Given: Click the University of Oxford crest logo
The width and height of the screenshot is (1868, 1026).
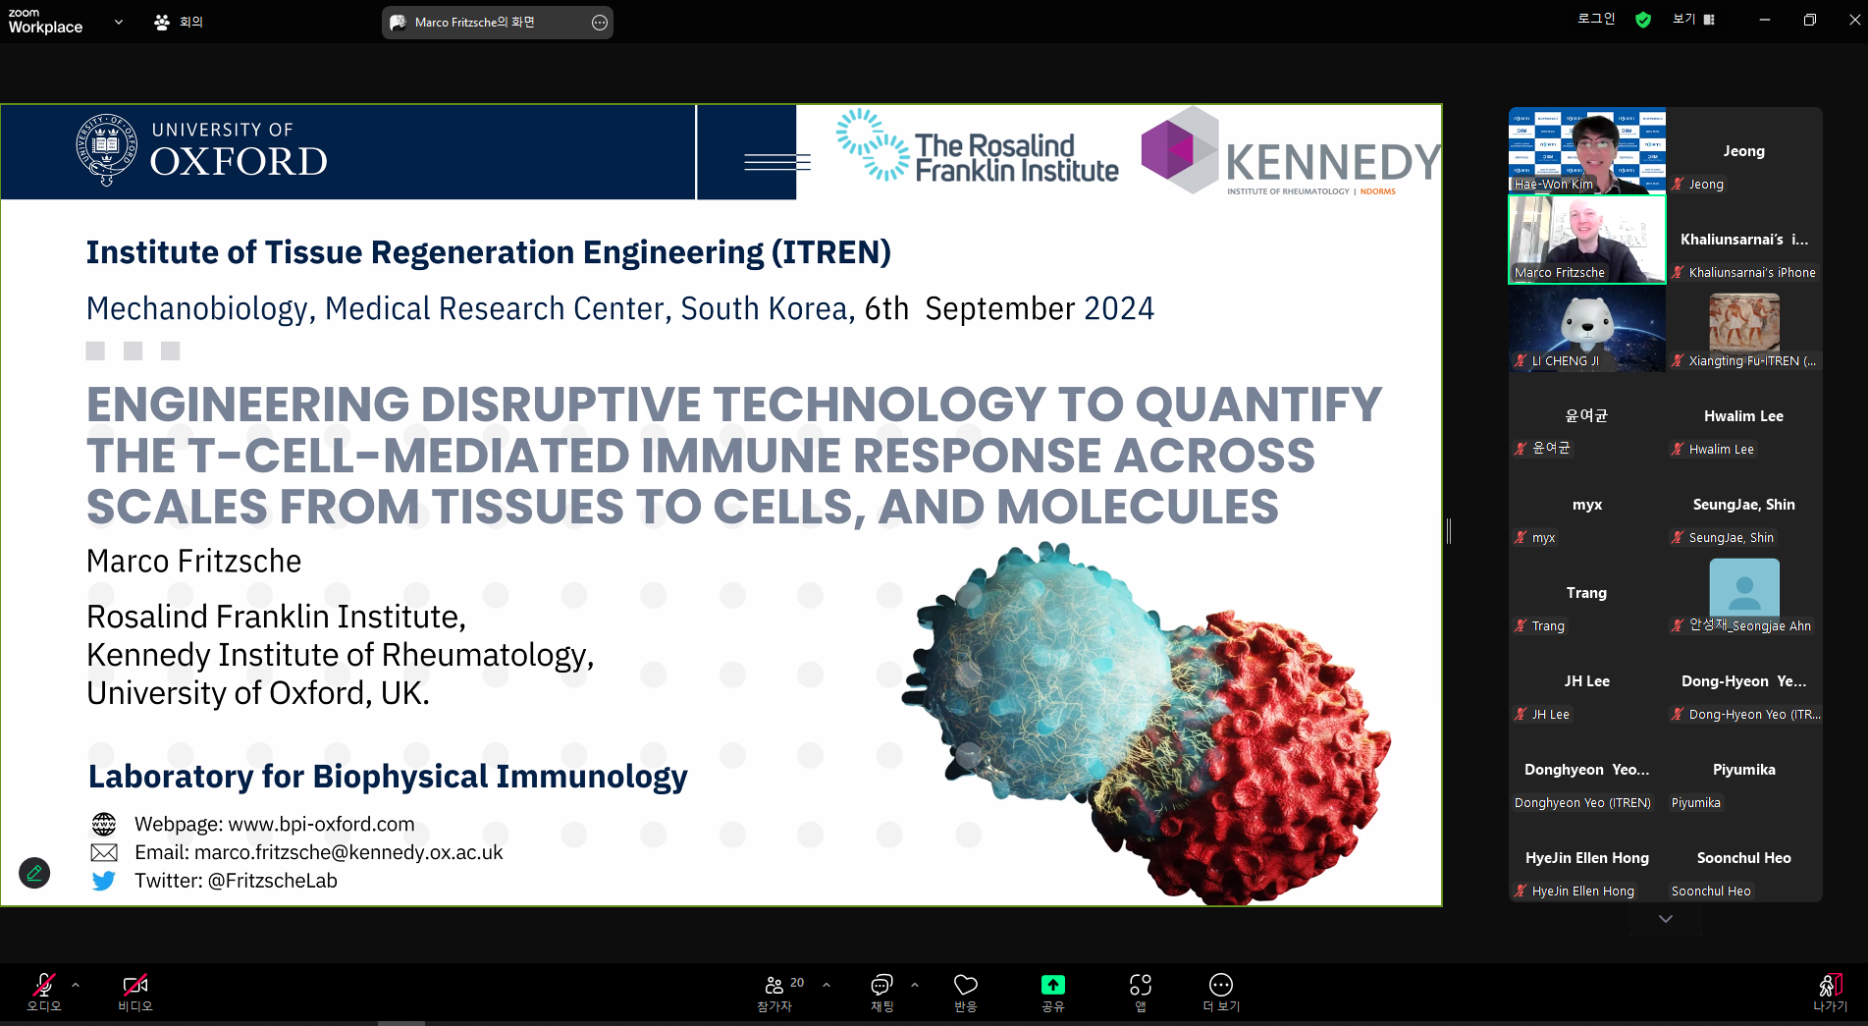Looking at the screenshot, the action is click(x=106, y=149).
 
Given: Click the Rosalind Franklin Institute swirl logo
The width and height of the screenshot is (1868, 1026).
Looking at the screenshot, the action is click(x=872, y=145).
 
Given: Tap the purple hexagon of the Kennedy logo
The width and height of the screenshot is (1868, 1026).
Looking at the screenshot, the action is click(x=1167, y=149).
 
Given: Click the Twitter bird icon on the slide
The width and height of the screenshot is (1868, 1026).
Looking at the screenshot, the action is click(x=103, y=881).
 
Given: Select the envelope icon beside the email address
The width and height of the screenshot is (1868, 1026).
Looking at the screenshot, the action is click(x=103, y=852).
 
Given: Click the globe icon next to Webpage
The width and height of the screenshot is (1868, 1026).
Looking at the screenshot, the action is click(x=103, y=824).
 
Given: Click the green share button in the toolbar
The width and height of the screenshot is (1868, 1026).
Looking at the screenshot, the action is click(x=1052, y=985).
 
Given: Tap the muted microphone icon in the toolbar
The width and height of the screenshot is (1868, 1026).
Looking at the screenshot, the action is click(x=44, y=985).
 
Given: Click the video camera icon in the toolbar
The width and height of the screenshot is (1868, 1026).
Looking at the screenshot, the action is click(x=134, y=985).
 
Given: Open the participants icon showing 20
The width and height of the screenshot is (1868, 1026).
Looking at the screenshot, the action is click(x=774, y=985).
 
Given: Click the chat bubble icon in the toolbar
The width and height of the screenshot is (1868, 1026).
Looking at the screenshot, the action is click(x=881, y=985).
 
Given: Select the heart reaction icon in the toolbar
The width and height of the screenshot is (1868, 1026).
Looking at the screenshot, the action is click(x=966, y=985).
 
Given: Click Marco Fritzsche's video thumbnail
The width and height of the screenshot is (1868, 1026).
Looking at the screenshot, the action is click(x=1587, y=240).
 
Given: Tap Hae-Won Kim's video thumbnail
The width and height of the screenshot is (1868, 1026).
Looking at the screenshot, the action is click(x=1587, y=151).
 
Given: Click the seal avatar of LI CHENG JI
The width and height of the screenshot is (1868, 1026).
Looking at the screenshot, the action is click(x=1587, y=324).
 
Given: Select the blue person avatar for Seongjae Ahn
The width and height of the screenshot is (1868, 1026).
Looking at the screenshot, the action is click(x=1744, y=588).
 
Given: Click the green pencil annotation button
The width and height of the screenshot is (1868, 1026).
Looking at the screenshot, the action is click(x=34, y=873).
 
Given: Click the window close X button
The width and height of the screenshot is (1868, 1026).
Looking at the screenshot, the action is click(x=1854, y=20).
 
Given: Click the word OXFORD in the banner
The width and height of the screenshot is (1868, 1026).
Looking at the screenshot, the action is click(x=239, y=162).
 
